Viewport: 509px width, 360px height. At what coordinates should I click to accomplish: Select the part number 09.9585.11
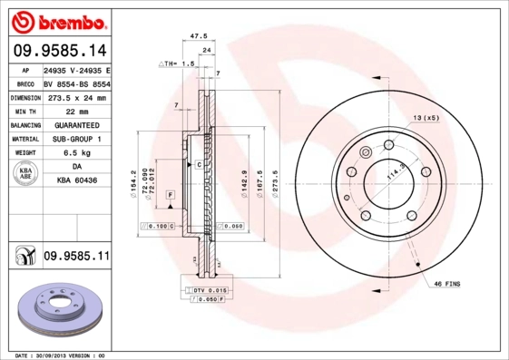tap(76, 257)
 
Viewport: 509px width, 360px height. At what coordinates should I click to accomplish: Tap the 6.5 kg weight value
tap(76, 153)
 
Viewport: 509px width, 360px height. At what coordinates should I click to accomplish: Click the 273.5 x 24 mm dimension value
tap(76, 97)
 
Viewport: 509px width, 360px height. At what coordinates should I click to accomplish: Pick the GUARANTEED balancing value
tap(76, 125)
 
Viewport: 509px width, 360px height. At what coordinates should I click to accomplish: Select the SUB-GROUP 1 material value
tap(76, 139)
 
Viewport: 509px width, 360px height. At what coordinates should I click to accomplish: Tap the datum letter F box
tap(169, 195)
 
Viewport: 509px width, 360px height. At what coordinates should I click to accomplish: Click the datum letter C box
tap(198, 164)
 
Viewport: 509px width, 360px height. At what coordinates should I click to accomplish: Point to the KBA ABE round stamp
tap(25, 175)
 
